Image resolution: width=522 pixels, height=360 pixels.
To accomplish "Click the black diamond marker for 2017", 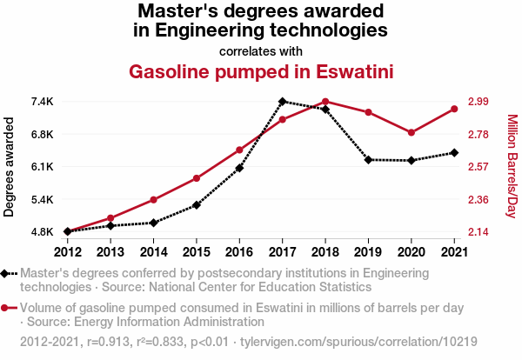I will (283, 102).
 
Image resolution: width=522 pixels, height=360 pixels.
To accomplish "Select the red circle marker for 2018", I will (325, 102).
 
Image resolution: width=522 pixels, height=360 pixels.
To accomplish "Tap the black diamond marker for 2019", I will (368, 160).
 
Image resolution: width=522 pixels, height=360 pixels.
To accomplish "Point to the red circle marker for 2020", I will (411, 132).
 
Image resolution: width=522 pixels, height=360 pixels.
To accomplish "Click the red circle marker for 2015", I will (197, 178).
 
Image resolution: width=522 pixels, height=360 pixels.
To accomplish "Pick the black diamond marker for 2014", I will (154, 223).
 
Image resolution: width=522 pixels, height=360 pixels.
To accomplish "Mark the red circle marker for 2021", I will (454, 109).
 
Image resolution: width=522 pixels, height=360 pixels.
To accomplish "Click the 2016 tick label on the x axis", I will (239, 252).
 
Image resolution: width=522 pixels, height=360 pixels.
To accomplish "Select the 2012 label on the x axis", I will (68, 252).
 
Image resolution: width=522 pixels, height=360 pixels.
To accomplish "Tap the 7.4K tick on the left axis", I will (41, 102).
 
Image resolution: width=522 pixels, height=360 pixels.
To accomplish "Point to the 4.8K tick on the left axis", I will (41, 232).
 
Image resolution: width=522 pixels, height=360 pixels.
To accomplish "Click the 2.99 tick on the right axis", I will (479, 102).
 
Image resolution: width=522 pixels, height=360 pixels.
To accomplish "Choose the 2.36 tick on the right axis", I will (479, 200).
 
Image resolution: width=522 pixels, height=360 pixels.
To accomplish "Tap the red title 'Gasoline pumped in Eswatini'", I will (261, 70).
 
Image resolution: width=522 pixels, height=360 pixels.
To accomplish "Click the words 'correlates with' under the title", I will (261, 50).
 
